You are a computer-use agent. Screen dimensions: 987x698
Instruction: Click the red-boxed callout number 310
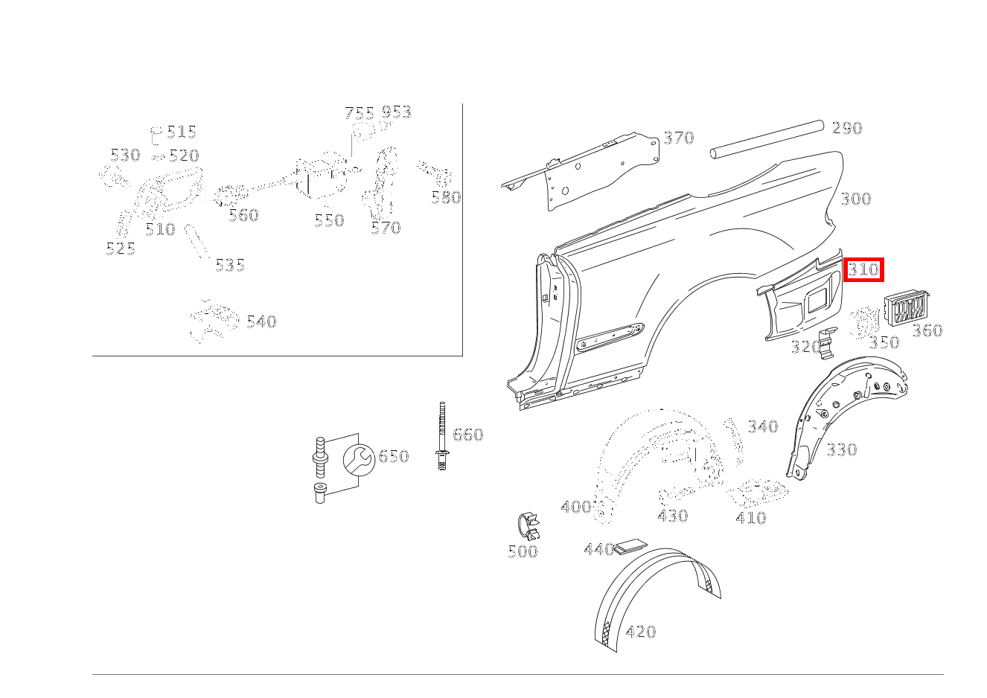863,269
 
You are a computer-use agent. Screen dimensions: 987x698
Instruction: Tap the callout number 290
847,128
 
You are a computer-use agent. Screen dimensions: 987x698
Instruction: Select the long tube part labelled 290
767,140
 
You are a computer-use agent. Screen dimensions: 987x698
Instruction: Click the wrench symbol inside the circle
359,460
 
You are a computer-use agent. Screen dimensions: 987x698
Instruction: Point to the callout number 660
468,435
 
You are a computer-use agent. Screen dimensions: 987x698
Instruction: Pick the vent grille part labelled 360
906,309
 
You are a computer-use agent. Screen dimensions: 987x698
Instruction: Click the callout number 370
679,138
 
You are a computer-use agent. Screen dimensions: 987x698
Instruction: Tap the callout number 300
856,199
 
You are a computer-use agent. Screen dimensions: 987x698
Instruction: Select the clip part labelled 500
528,526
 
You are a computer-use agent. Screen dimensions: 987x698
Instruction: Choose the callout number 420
641,633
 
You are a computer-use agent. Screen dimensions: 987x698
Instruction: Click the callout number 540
261,321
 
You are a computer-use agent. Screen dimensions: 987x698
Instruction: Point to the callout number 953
396,112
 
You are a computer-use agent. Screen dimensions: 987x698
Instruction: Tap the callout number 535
230,265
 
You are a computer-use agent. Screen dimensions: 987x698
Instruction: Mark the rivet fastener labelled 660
442,436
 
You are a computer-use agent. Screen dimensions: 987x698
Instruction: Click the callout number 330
842,449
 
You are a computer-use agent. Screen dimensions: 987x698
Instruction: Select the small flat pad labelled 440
631,547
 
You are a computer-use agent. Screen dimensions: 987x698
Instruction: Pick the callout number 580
446,197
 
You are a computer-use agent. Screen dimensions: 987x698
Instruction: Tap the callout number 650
394,456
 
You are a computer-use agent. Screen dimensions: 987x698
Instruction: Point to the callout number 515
182,132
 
